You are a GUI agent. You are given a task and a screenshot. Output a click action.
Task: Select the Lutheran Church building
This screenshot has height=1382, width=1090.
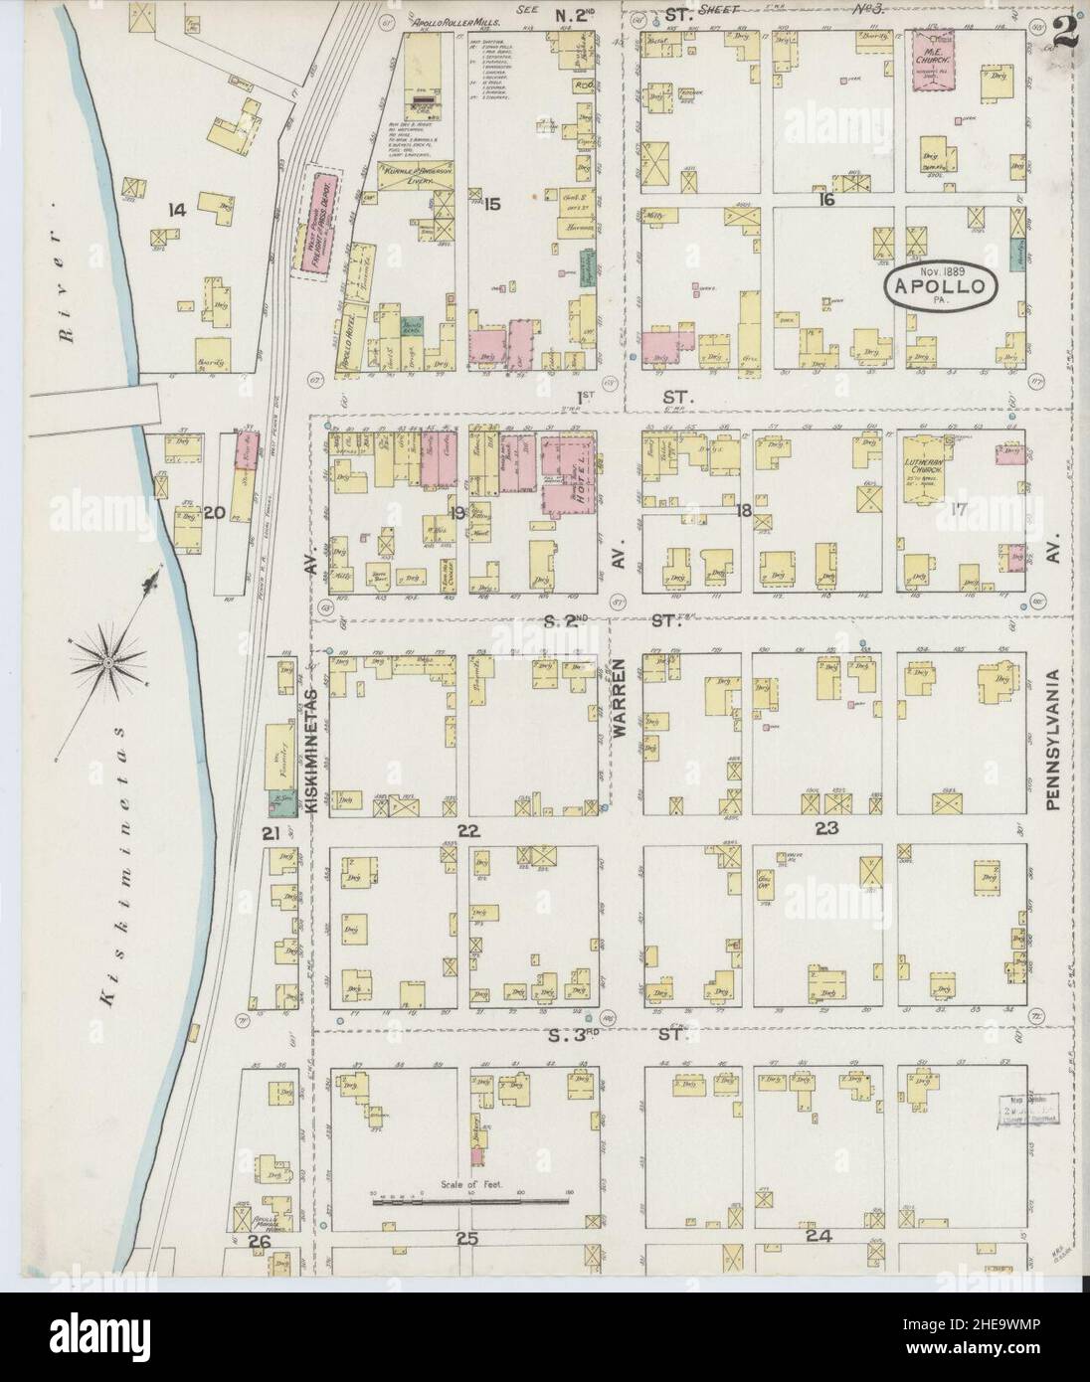pyautogui.click(x=933, y=466)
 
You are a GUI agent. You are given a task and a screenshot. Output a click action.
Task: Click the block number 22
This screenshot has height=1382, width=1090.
pyautogui.click(x=467, y=830)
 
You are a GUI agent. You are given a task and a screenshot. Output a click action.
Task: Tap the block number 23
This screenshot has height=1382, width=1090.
pyautogui.click(x=825, y=828)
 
